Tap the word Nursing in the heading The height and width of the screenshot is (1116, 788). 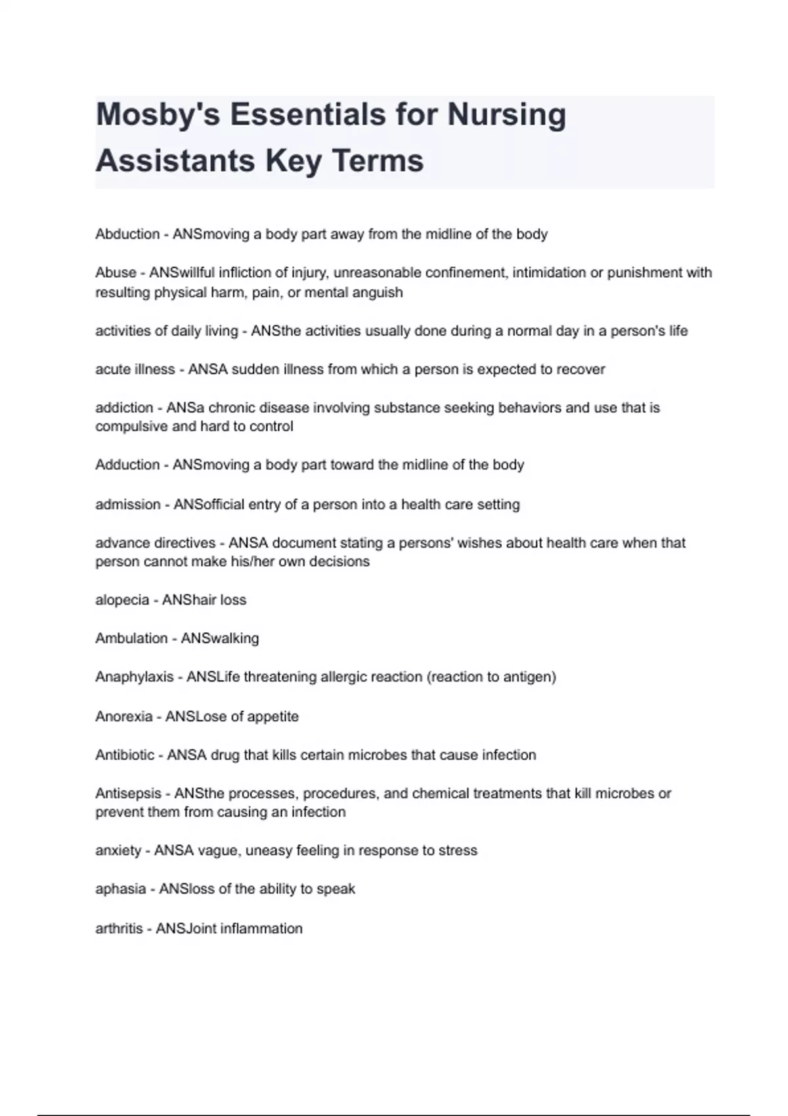pyautogui.click(x=506, y=115)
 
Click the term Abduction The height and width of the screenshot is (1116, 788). pyautogui.click(x=127, y=234)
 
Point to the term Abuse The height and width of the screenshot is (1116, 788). pyautogui.click(x=116, y=272)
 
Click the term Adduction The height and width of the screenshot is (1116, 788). pyautogui.click(x=127, y=465)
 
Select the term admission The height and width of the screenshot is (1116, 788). pyautogui.click(x=127, y=505)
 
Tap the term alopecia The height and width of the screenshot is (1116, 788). pyautogui.click(x=122, y=600)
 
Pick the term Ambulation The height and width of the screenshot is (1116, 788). pyautogui.click(x=131, y=638)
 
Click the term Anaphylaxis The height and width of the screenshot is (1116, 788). pyautogui.click(x=134, y=677)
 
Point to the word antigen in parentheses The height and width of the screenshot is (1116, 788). pyautogui.click(x=529, y=677)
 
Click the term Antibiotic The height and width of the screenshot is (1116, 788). pyautogui.click(x=125, y=755)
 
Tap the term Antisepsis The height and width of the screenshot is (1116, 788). pyautogui.click(x=128, y=794)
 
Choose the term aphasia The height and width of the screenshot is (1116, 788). pyautogui.click(x=120, y=889)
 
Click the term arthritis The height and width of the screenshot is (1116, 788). pyautogui.click(x=119, y=929)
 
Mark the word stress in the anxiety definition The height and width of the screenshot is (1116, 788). pyautogui.click(x=458, y=851)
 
